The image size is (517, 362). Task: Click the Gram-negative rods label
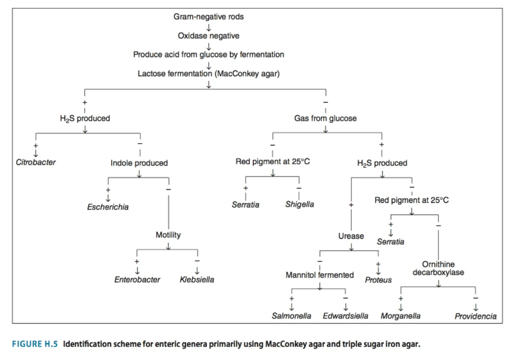(x=208, y=16)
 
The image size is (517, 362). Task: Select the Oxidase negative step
(x=208, y=35)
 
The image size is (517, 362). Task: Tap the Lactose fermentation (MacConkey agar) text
(x=208, y=74)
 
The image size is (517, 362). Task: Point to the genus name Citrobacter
(x=36, y=162)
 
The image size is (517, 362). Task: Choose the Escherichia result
(x=108, y=207)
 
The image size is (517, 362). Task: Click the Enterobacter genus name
(x=138, y=279)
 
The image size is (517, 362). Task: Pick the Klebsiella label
(x=197, y=279)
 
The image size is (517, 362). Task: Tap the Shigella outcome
(x=300, y=205)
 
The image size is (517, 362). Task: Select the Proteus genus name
(x=378, y=279)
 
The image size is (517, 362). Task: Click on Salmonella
(x=292, y=316)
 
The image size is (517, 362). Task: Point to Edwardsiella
(x=346, y=316)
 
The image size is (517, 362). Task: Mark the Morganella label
(x=401, y=316)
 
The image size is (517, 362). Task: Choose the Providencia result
(x=475, y=316)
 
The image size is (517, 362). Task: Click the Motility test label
(x=168, y=235)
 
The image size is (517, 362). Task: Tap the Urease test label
(x=351, y=236)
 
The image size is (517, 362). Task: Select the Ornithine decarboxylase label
(x=438, y=268)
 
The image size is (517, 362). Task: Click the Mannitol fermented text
(x=320, y=275)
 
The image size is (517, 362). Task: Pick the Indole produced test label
(x=139, y=163)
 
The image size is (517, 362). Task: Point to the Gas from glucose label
(x=325, y=119)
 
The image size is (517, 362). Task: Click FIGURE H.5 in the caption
(x=35, y=344)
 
